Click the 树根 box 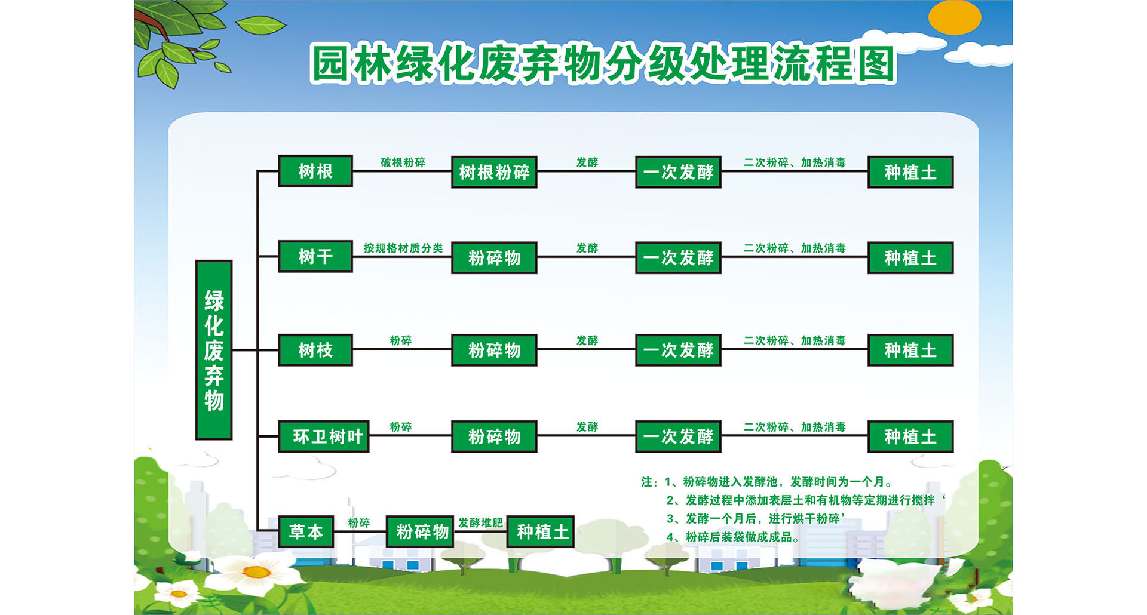pos(315,171)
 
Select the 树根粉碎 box pos(494,172)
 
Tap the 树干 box pos(315,257)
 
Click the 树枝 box pos(315,350)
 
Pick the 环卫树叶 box pos(324,436)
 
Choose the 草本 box pos(306,531)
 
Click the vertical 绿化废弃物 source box pos(214,350)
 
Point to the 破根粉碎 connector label pos(403,162)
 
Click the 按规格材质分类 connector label pos(403,248)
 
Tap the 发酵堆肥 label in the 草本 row pos(480,522)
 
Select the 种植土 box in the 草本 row pos(541,531)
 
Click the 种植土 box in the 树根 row pos(910,172)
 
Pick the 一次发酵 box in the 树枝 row pos(678,350)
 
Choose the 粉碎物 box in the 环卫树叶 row pos(494,436)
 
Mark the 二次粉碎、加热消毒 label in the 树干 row pos(795,248)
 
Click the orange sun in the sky pos(955,17)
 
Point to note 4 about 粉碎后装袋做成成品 pos(733,537)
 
